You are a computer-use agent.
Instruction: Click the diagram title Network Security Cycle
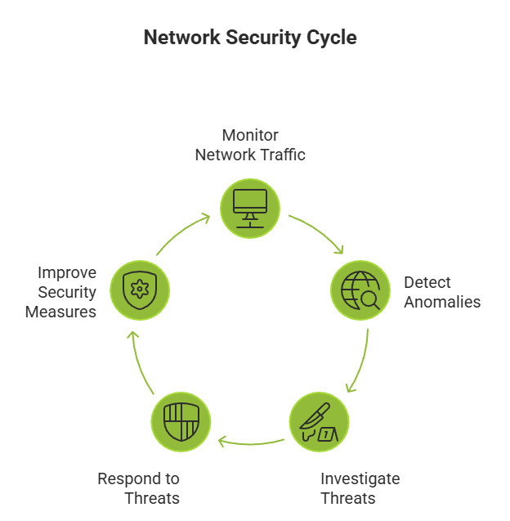coord(250,38)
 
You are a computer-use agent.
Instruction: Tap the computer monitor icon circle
coord(250,208)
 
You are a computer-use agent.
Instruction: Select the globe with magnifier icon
coord(360,290)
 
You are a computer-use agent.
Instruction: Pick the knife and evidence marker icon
coord(320,421)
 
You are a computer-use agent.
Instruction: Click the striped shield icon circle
coord(181,421)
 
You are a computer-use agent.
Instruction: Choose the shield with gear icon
coord(140,289)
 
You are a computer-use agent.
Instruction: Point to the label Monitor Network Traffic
coord(250,145)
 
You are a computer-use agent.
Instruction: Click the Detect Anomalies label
coord(441,292)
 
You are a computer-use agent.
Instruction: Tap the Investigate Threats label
coord(360,488)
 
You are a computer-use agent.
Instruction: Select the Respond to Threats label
coord(139,488)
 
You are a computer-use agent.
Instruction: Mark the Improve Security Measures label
coord(61,292)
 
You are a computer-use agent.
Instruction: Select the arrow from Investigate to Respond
coord(250,442)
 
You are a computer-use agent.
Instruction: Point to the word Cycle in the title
coord(329,38)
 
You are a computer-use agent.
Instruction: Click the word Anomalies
coord(441,302)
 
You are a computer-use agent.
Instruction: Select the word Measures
coord(61,312)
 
